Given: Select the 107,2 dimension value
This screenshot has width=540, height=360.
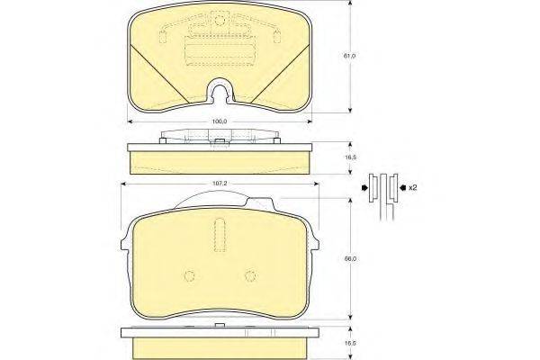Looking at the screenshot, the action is coord(220,184).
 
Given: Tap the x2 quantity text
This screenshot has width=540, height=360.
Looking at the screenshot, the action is coord(412,188).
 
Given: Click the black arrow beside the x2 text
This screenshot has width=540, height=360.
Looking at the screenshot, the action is coord(402,188).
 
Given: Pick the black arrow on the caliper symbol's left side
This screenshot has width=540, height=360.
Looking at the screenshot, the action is coord(364,188).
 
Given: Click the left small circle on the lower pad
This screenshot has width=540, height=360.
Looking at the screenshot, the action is coord(190,276).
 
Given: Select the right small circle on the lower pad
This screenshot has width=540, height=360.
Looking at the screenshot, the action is coord(250,276).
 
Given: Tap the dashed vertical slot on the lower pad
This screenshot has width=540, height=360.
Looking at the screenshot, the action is coord(220,235).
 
